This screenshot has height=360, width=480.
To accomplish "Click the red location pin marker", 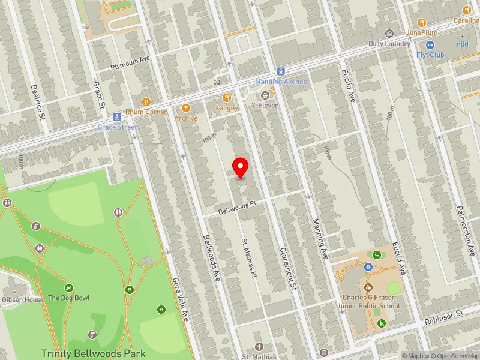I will pyautogui.click(x=241, y=167).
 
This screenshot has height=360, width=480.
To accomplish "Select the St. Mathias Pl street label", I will pyautogui.click(x=249, y=257).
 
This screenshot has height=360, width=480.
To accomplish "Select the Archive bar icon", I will pyautogui.click(x=186, y=108).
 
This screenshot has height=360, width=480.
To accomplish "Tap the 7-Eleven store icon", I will pyautogui.click(x=265, y=95).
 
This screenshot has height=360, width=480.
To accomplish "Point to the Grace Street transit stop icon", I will pyautogui.click(x=118, y=117).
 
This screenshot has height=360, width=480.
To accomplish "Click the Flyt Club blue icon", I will pyautogui.click(x=430, y=45).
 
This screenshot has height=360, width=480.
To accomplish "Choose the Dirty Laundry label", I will pyautogui.click(x=390, y=44).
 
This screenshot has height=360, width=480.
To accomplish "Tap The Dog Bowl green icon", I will pyautogui.click(x=69, y=288).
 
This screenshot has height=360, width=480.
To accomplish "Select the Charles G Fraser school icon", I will pyautogui.click(x=368, y=287).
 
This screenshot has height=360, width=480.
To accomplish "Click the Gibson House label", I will pyautogui.click(x=22, y=299).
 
